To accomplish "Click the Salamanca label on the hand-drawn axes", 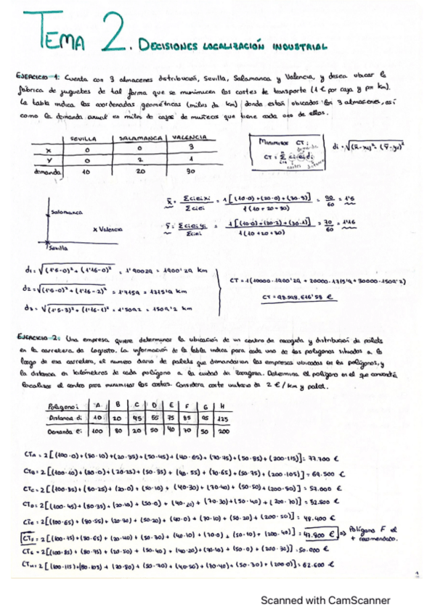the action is (x=67, y=212).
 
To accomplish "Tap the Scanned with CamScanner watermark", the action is (x=325, y=600).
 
